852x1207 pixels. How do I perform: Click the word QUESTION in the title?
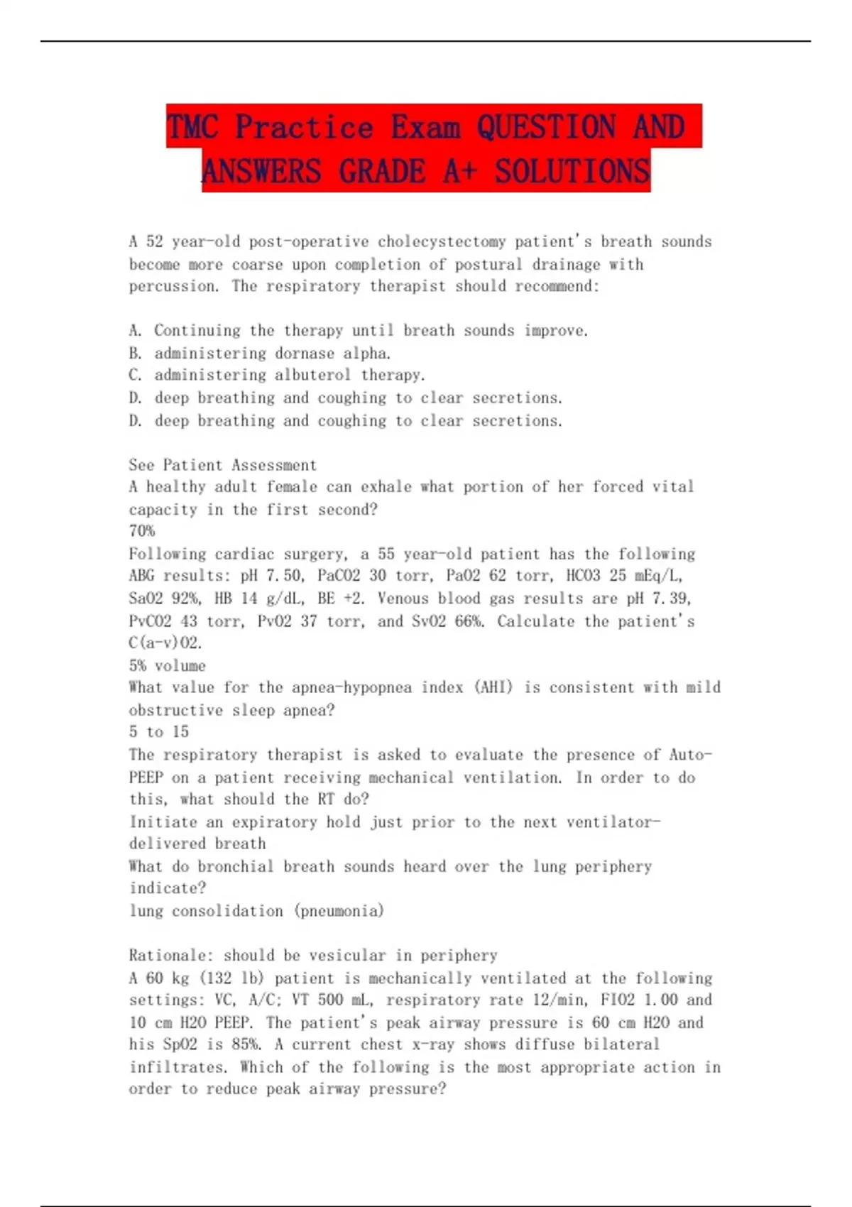[x=545, y=127]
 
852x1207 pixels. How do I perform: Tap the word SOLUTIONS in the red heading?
[x=572, y=172]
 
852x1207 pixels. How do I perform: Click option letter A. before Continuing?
[x=136, y=331]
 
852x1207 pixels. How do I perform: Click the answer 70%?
[x=142, y=531]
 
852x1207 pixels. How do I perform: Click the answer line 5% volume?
[x=168, y=666]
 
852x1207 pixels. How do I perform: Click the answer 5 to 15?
[x=159, y=732]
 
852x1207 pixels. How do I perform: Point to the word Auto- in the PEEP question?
[x=690, y=755]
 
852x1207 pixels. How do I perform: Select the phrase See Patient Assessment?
[x=223, y=465]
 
